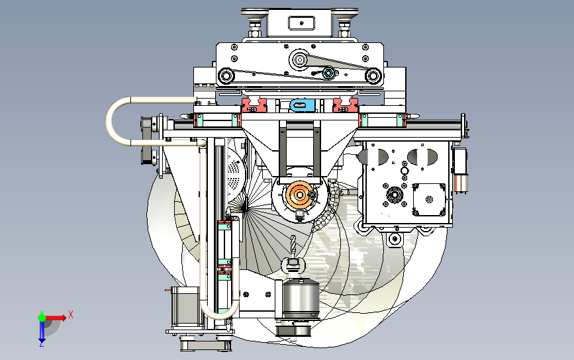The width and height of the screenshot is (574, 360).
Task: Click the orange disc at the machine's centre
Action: (x=299, y=195)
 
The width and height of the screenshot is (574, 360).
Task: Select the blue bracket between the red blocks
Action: (x=303, y=105)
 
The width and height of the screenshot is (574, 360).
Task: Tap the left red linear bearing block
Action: (x=254, y=105)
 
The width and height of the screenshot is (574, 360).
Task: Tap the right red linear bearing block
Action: (x=345, y=105)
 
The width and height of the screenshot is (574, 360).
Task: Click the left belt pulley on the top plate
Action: (x=226, y=76)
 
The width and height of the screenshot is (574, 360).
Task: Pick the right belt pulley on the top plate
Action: (x=373, y=76)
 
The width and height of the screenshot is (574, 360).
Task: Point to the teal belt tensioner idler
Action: (x=328, y=73)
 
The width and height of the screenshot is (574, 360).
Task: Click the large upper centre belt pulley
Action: (x=300, y=60)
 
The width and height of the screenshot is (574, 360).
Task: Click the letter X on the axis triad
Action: (x=71, y=314)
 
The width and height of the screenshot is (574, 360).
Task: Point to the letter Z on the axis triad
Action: (x=42, y=344)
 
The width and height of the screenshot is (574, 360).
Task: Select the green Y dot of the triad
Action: (x=42, y=317)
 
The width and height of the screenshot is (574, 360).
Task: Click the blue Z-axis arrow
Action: (x=42, y=331)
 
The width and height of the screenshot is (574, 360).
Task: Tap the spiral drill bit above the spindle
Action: (x=293, y=245)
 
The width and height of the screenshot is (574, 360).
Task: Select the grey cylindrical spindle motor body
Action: (x=301, y=299)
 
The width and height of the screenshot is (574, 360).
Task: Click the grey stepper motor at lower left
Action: (x=185, y=307)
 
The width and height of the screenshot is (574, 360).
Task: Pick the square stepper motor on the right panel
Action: (x=429, y=199)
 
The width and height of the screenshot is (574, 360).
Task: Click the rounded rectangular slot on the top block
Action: (x=302, y=23)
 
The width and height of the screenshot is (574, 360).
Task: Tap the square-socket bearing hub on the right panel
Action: (x=395, y=195)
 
